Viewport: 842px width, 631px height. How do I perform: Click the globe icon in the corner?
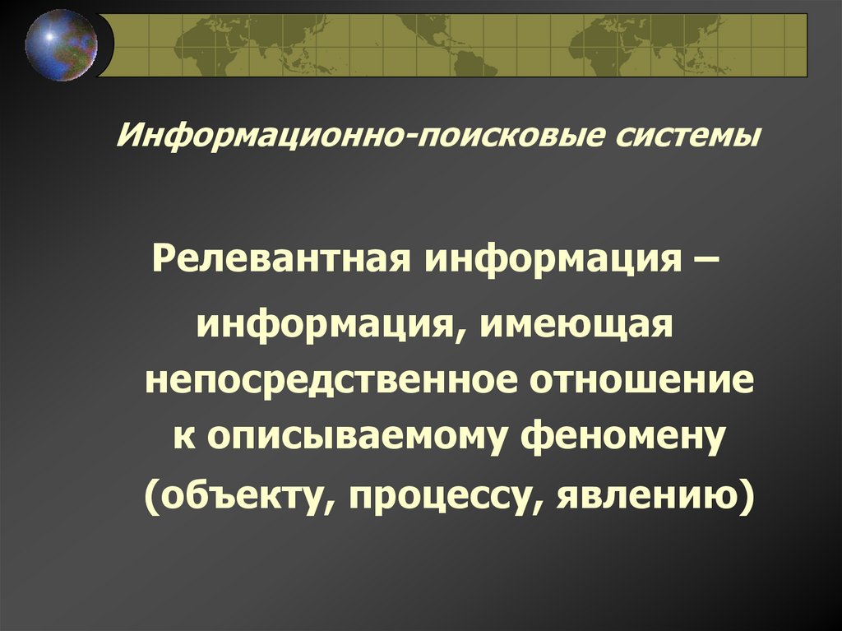(61, 44)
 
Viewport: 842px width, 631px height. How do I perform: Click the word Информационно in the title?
(258, 134)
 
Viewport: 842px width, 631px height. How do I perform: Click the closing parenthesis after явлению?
(746, 498)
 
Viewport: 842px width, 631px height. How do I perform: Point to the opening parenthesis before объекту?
(153, 498)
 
